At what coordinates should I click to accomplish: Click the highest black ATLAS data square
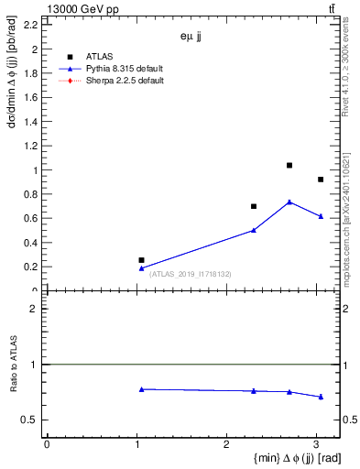tap(289, 165)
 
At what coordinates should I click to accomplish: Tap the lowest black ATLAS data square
tap(141, 260)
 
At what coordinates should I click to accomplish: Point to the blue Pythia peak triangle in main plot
tap(289, 202)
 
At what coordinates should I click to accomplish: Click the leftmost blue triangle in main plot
tap(141, 267)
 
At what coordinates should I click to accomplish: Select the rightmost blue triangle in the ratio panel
tap(321, 397)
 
